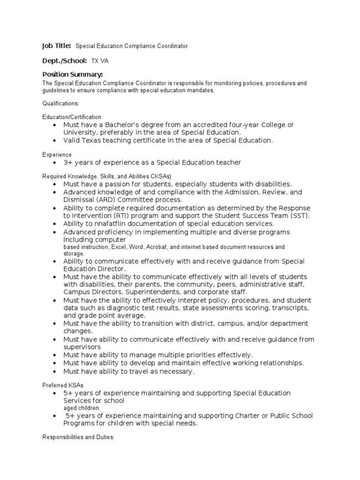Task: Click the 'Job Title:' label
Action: [57, 46]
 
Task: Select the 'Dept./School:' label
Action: [65, 61]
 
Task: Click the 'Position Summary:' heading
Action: [73, 75]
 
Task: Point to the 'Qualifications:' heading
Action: [61, 103]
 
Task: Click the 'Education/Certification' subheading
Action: [72, 117]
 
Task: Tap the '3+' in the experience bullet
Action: [68, 163]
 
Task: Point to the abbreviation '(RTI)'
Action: [120, 216]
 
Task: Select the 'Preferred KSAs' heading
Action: [63, 385]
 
